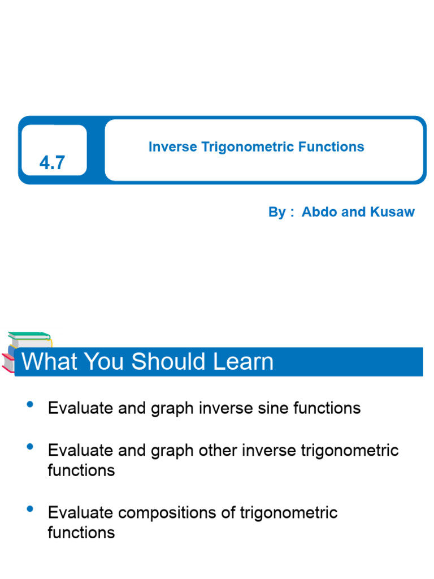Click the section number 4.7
[53, 163]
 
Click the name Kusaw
[392, 212]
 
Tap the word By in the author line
[277, 212]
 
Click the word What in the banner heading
[47, 362]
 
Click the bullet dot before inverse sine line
[30, 404]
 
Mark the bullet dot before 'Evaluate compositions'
[30, 509]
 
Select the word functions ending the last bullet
[81, 533]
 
